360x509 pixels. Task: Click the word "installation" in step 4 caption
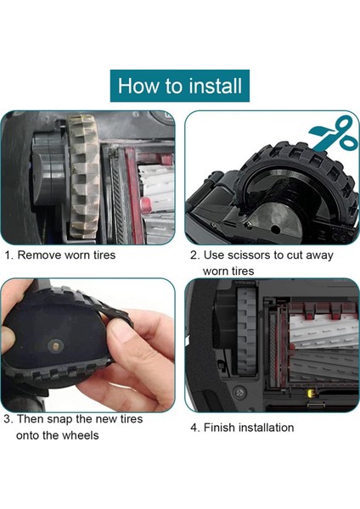point(267,428)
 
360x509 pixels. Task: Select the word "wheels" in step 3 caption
point(81,435)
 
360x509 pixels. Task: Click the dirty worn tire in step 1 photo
point(83,177)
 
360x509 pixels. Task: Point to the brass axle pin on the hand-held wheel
point(55,346)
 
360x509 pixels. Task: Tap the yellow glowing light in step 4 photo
point(310,394)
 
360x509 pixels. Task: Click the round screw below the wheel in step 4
point(240,393)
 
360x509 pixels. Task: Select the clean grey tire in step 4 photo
point(246,331)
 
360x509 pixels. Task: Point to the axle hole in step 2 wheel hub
point(276,230)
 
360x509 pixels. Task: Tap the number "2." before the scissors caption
point(195,255)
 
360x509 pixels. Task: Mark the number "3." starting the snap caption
point(8,419)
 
